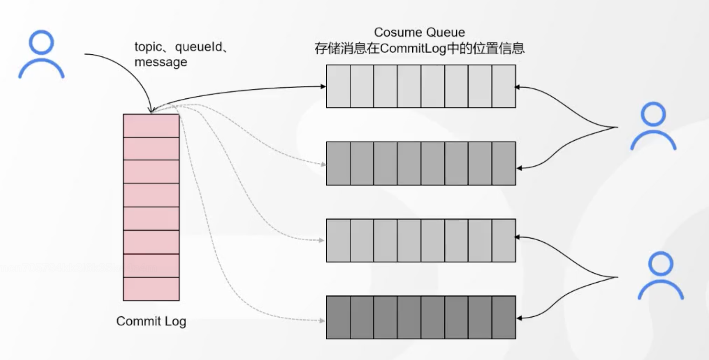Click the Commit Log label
[151, 321]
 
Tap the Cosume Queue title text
[419, 32]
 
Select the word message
[160, 62]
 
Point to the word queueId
[198, 47]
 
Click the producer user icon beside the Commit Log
[41, 54]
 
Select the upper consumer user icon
[653, 126]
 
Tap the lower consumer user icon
[660, 276]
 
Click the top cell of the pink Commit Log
[151, 126]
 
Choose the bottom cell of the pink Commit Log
[151, 289]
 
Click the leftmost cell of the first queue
[338, 86]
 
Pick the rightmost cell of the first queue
[504, 86]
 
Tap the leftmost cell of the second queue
[338, 163]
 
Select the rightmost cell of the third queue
[504, 240]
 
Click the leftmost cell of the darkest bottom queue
[338, 317]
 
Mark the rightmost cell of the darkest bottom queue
[504, 317]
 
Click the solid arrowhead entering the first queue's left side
[323, 86]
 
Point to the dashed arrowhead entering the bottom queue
[322, 320]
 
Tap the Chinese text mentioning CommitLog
[419, 48]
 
